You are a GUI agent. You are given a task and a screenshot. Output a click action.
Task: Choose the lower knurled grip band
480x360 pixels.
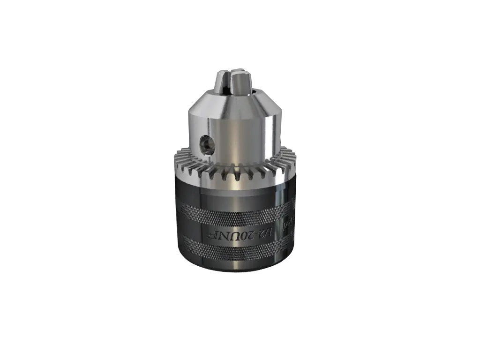[234, 249]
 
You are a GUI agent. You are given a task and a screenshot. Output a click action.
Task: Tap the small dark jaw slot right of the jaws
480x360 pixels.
[254, 87]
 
